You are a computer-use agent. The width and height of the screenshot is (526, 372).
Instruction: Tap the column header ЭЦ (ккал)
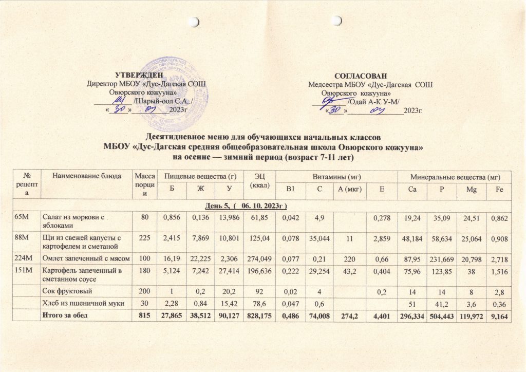(258, 180)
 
